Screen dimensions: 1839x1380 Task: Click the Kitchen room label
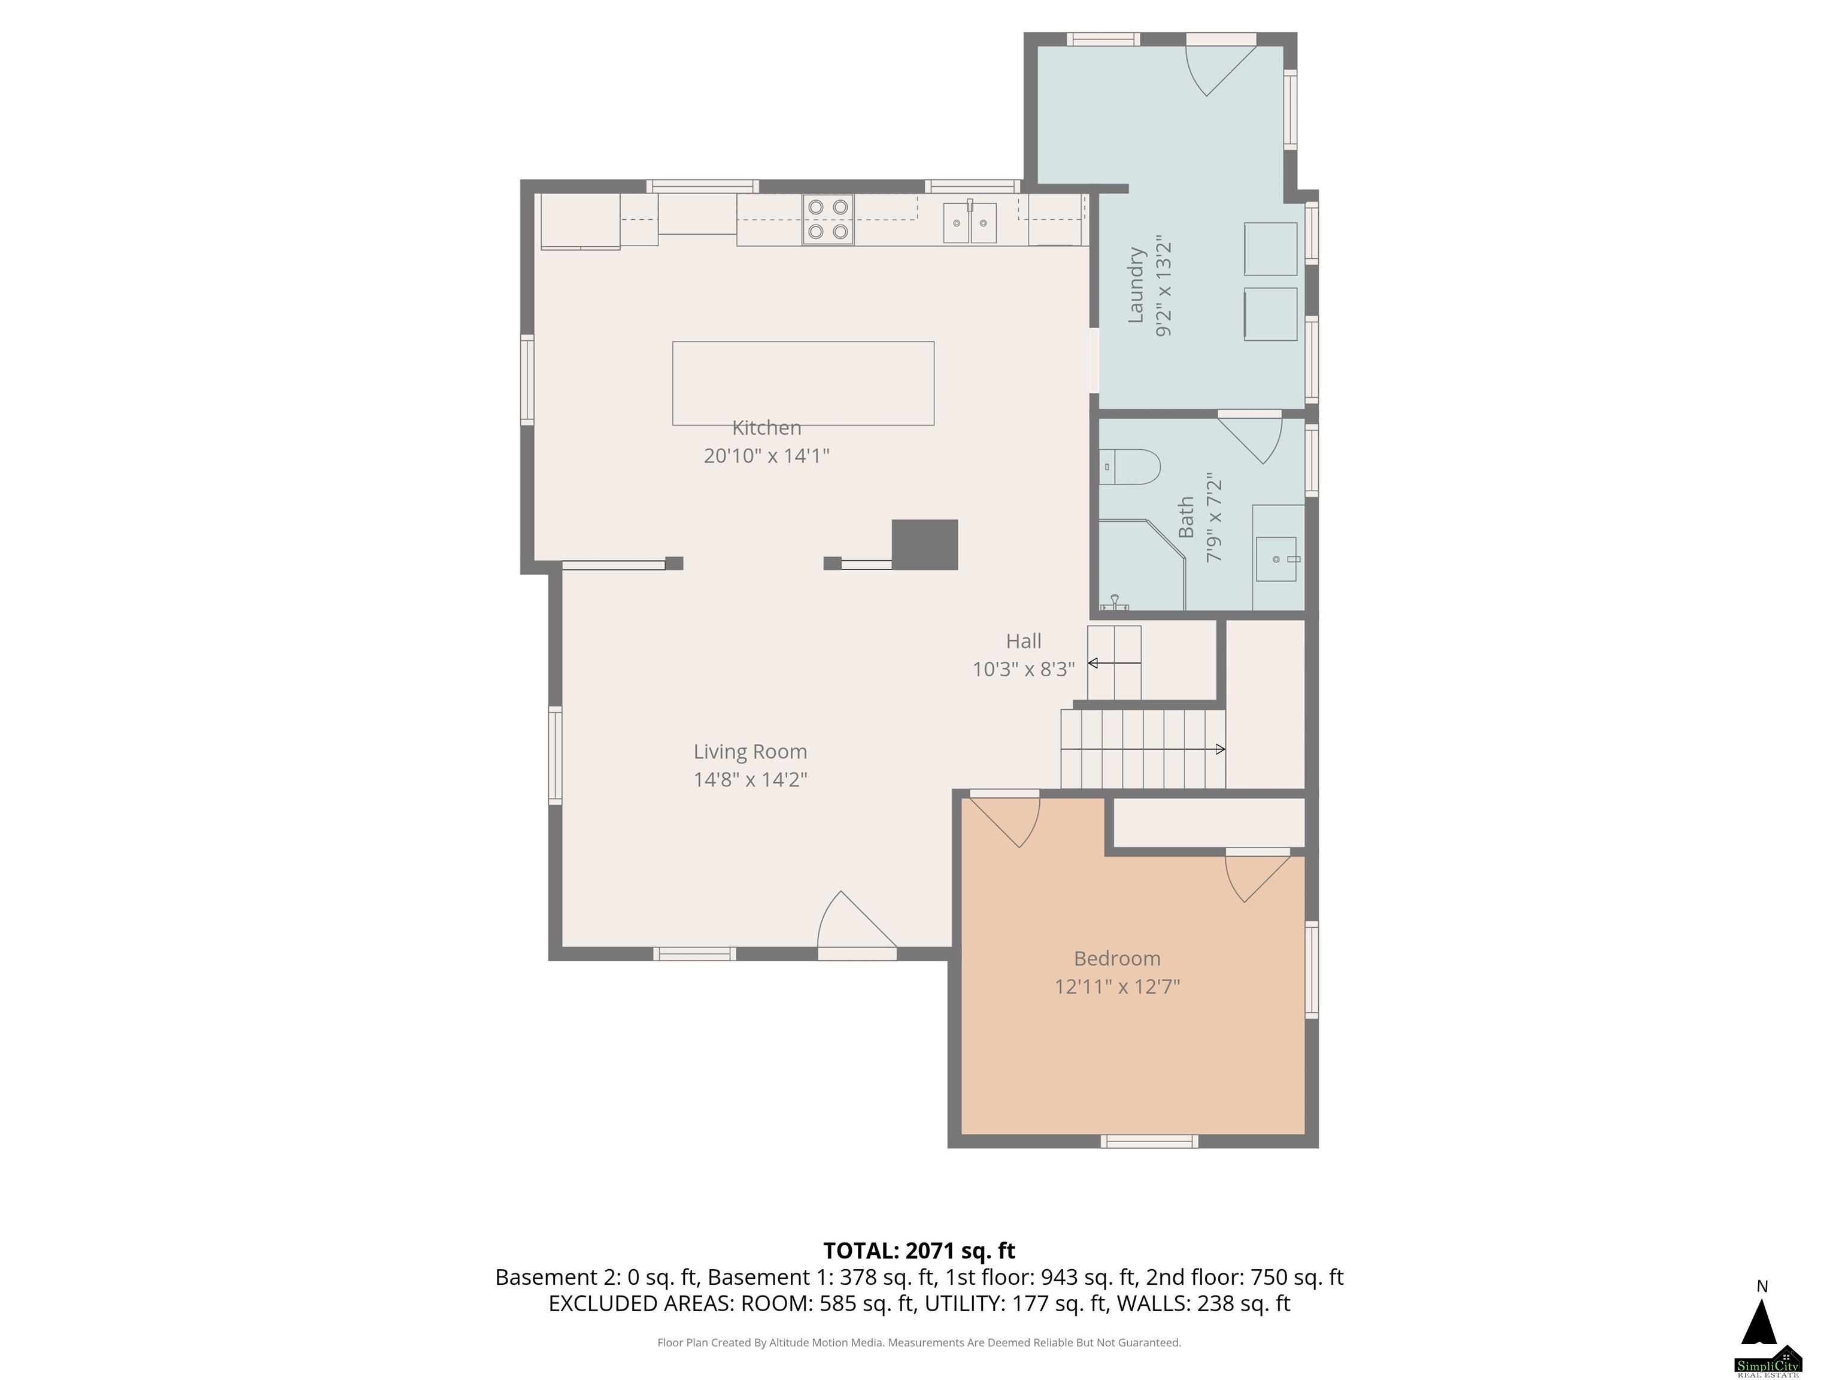766,428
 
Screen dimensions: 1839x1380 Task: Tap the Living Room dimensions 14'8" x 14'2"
750,779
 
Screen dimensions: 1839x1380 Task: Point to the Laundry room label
1136,285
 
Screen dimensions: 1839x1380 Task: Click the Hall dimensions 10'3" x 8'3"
1024,669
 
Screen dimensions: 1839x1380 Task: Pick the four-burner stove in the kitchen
828,220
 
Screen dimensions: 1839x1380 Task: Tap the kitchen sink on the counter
969,222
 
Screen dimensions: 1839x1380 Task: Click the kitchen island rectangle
803,383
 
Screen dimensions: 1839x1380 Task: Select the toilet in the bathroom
1129,467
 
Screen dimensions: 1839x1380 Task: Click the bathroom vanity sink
1276,559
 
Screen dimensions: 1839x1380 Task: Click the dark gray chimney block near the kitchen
924,545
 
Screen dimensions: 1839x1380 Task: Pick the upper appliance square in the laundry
1270,249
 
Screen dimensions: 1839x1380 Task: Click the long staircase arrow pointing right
1143,749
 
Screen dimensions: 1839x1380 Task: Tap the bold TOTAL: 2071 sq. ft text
919,1250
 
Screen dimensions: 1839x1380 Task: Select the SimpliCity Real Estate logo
1768,1360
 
